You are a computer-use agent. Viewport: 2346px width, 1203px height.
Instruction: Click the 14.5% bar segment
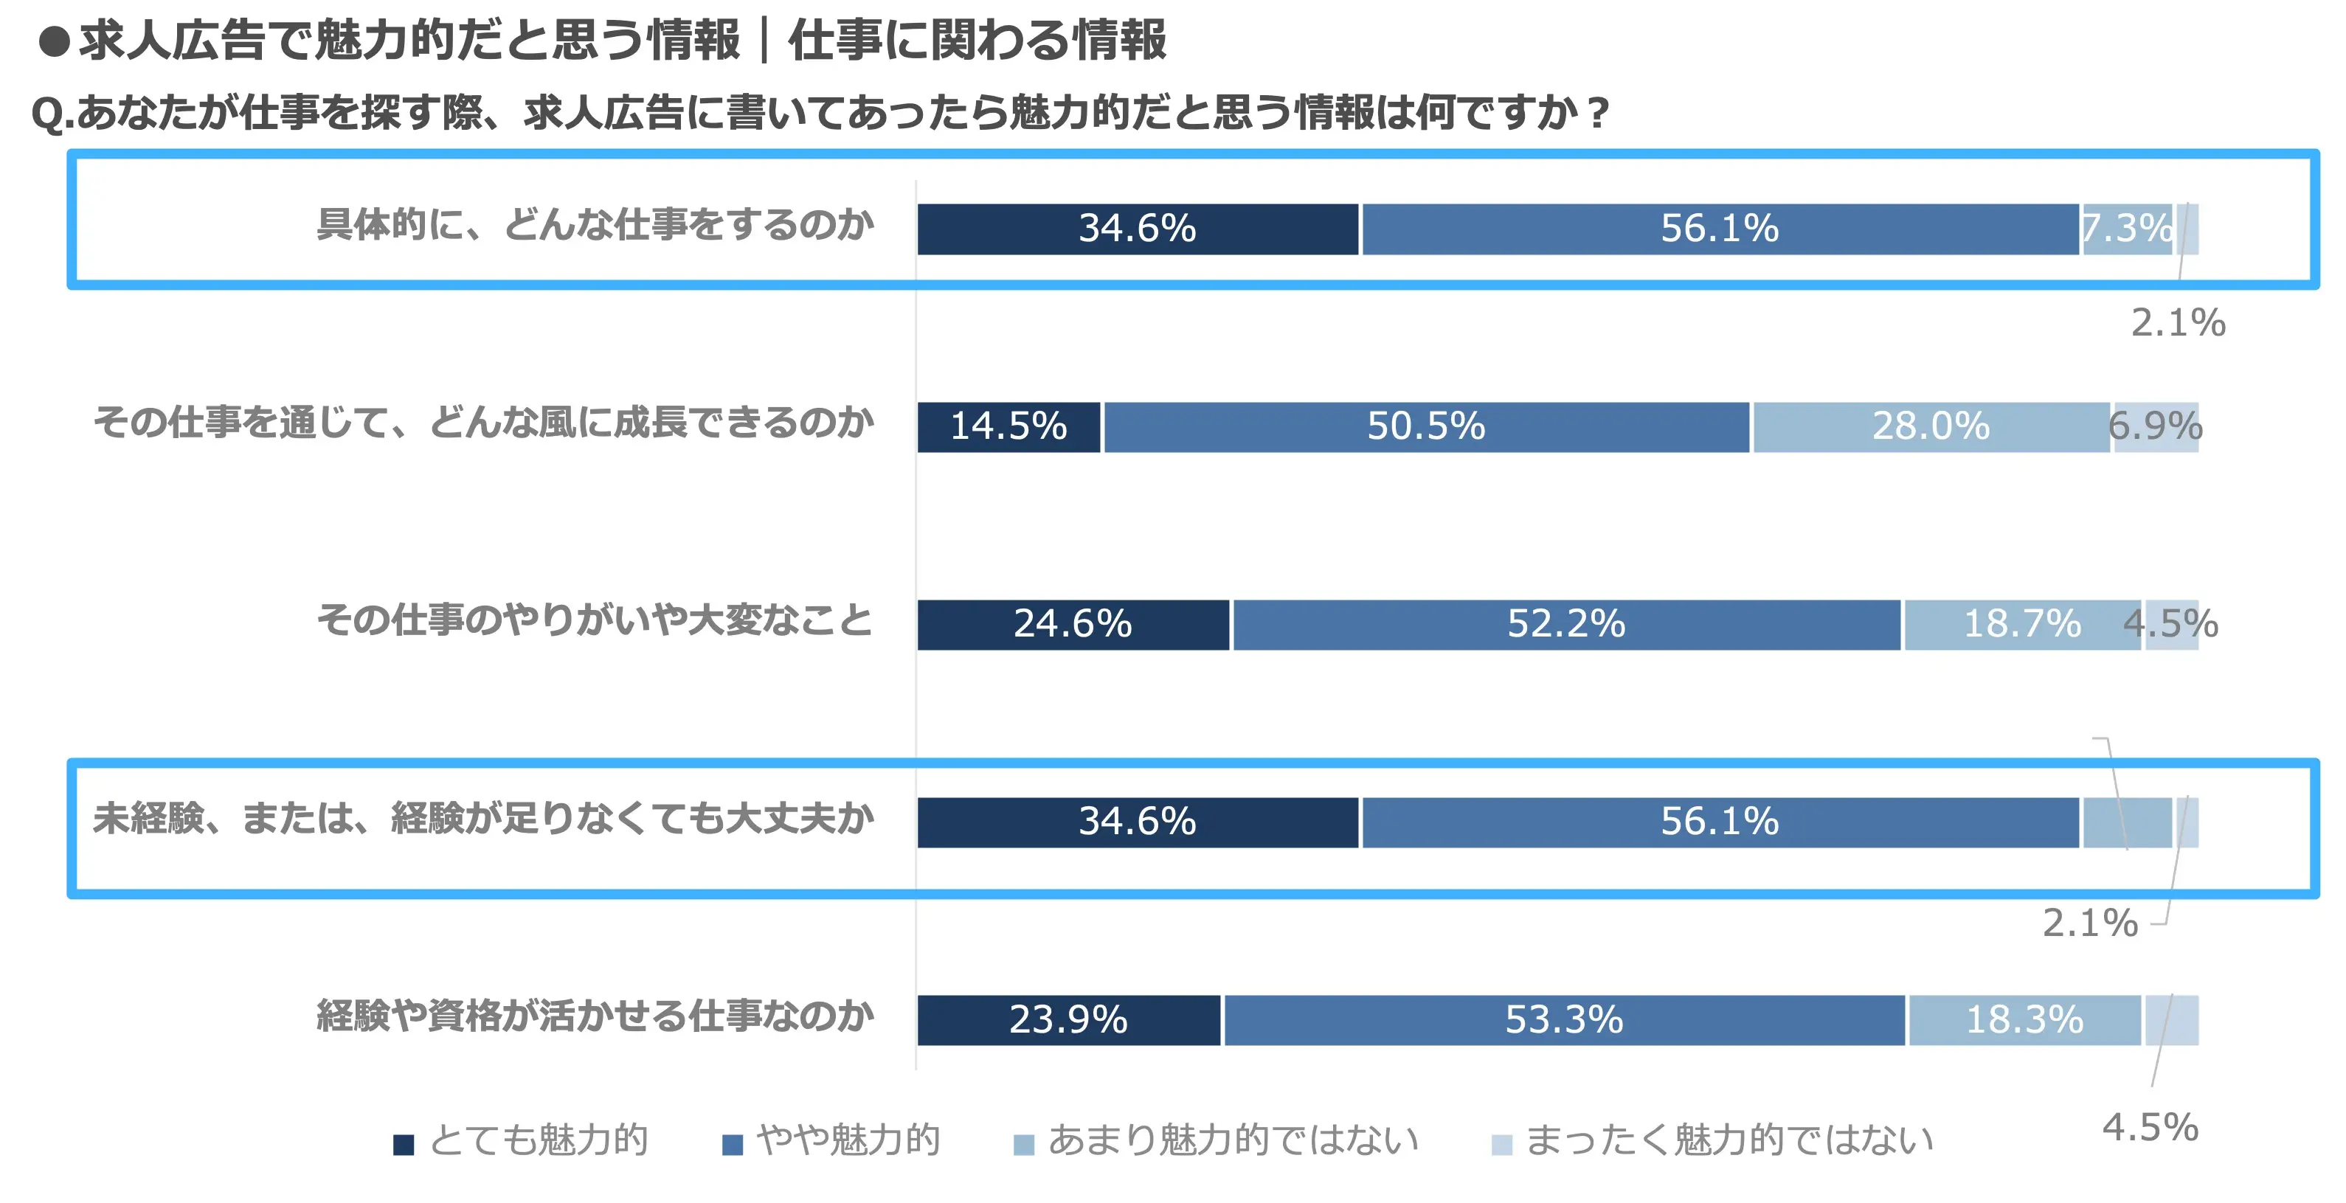1008,426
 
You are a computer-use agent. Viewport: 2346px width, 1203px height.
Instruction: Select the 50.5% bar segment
1426,426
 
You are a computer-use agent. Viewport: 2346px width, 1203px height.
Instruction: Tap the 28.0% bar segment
1931,426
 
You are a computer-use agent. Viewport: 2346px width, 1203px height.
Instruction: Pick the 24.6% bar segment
1073,625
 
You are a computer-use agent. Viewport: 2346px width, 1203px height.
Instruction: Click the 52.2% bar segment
1566,625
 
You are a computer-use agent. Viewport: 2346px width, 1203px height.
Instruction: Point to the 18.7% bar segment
2022,625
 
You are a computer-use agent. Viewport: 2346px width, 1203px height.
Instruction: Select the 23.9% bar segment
1068,1020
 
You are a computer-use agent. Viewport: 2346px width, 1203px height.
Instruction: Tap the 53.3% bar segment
1565,1020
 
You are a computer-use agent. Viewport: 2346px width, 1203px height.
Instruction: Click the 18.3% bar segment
2024,1020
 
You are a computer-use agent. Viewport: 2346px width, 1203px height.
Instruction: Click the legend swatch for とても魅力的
404,1144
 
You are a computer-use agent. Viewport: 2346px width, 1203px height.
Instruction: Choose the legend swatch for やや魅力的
733,1144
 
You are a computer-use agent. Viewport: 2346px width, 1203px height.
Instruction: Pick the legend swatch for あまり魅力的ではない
1024,1144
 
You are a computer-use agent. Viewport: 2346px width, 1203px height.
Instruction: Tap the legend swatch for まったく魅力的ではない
1502,1144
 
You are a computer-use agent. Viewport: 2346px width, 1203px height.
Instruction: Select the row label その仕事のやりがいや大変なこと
595,621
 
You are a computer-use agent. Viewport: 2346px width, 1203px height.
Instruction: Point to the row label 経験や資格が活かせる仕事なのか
595,1016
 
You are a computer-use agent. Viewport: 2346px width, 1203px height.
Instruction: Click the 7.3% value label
2128,229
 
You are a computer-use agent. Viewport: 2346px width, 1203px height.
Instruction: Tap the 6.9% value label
2156,426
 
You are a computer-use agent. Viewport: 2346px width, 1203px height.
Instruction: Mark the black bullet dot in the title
55,42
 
